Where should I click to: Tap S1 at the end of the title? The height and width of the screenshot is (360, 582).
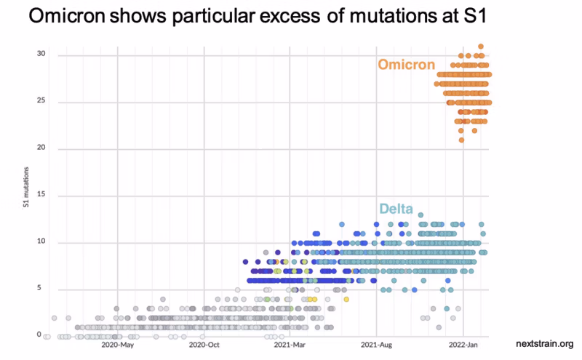464,17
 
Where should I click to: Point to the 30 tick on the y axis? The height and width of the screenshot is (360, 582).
41,55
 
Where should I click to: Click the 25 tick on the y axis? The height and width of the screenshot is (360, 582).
41,101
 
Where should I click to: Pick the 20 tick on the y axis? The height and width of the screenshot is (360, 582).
41,148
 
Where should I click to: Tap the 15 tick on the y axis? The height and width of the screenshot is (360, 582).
41,195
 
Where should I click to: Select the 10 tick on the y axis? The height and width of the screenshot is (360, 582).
41,241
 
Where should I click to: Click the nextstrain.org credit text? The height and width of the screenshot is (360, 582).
545,343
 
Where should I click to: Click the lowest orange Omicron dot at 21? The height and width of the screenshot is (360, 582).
461,140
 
